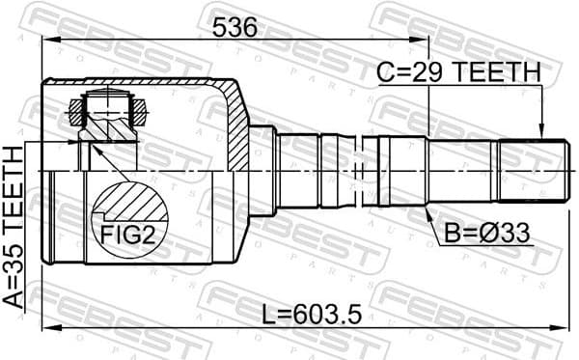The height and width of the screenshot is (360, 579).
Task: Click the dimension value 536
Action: click(236, 28)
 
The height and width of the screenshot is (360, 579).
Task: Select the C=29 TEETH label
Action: click(456, 71)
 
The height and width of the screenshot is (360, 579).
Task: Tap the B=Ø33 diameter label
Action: click(488, 233)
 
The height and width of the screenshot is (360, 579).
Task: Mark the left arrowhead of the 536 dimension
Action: click(47, 41)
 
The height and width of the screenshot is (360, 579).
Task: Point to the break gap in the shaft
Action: click(355, 172)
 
